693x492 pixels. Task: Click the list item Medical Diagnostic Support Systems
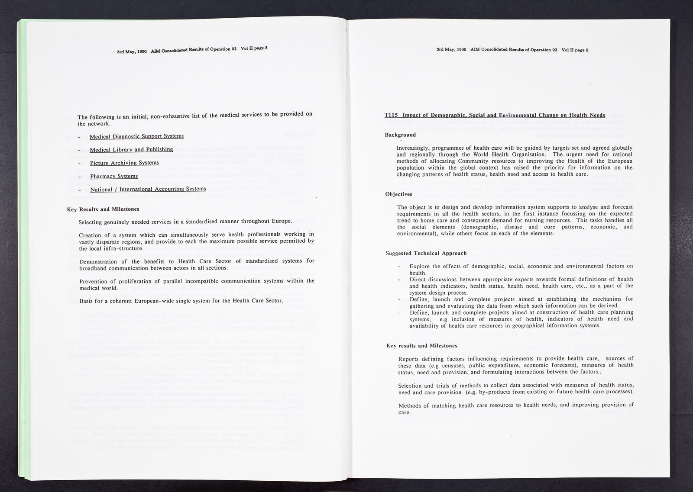point(136,136)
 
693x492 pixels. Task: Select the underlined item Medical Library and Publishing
point(131,150)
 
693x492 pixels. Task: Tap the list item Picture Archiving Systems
point(124,163)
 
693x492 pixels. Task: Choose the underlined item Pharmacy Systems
point(114,177)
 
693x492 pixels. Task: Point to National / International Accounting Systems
point(148,189)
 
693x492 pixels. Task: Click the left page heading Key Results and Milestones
point(103,209)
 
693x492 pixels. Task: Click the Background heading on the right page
point(400,135)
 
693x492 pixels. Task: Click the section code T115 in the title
point(392,116)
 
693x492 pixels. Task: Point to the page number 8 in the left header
point(266,48)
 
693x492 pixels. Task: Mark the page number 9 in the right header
point(587,50)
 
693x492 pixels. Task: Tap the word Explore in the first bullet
point(419,266)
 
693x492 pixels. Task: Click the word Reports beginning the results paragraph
point(409,359)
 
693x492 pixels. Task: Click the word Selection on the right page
point(411,385)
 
